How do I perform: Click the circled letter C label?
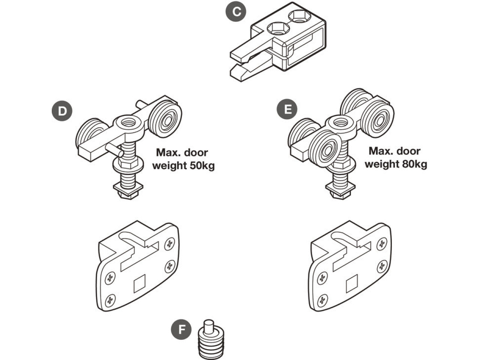pos(236,11)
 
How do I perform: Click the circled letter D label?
pos(62,111)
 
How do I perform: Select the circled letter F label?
pos(181,330)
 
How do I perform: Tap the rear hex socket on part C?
pos(298,16)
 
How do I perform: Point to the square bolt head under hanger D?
pos(129,189)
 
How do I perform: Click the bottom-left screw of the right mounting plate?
pos(322,300)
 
